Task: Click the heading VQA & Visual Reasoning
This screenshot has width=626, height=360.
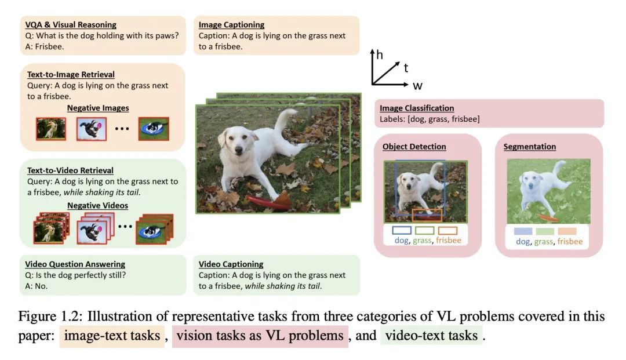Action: click(x=71, y=25)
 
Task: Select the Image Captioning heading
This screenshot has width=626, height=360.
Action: click(x=231, y=25)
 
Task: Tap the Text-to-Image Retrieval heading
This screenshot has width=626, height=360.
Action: click(x=71, y=75)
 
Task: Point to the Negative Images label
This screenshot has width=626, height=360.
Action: click(x=98, y=108)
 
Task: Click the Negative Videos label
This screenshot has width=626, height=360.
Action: click(x=98, y=206)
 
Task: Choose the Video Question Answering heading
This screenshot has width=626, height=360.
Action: click(x=75, y=264)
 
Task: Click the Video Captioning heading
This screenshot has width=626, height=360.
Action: click(x=231, y=264)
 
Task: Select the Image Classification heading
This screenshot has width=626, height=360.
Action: click(x=417, y=108)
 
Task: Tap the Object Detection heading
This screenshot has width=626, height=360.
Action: click(x=414, y=147)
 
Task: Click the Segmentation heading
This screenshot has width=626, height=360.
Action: click(x=530, y=147)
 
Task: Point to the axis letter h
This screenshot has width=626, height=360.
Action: click(x=379, y=54)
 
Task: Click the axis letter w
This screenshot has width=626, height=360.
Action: click(x=417, y=86)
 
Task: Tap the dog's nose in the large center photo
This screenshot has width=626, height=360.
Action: click(x=239, y=151)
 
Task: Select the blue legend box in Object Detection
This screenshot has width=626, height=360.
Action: click(x=402, y=230)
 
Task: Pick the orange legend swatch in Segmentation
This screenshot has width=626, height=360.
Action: click(x=567, y=231)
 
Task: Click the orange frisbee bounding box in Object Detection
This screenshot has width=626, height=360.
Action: click(x=427, y=215)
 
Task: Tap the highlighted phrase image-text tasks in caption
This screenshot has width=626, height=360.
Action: click(x=112, y=336)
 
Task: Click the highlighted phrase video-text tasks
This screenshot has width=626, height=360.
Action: click(x=432, y=336)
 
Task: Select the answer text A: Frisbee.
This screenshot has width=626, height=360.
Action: click(x=44, y=47)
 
